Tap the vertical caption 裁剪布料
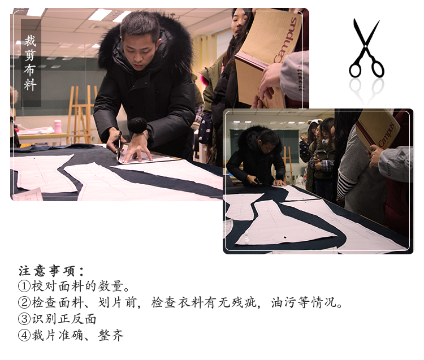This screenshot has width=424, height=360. click(x=31, y=63)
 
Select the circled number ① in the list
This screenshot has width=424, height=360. click(x=24, y=286)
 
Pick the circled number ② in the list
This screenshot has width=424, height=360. click(x=24, y=302)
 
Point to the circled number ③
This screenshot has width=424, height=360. click(x=24, y=319)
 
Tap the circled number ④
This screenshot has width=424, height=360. click(x=24, y=335)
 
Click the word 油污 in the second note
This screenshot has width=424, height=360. click(x=284, y=302)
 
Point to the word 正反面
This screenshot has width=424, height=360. click(x=77, y=319)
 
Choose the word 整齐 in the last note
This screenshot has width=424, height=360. click(x=111, y=335)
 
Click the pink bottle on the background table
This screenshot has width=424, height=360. click(x=58, y=127)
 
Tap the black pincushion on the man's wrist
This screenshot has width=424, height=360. click(x=137, y=125)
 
